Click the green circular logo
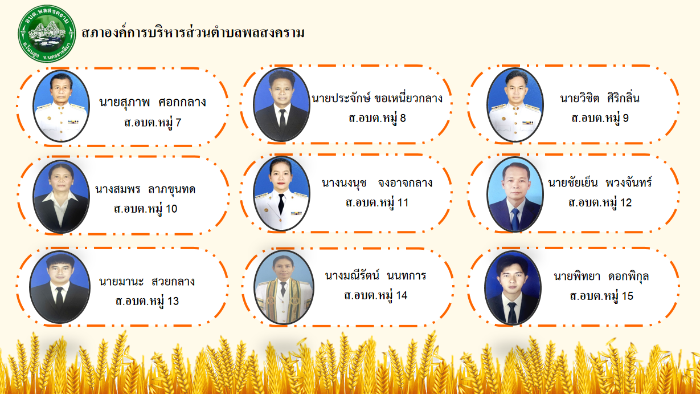47,34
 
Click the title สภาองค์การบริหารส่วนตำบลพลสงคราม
193,33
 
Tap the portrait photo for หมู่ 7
61,106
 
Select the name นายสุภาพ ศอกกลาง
153,102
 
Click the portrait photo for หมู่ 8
281,104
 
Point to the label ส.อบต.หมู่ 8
377,118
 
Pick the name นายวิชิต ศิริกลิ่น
600,98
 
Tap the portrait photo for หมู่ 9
515,105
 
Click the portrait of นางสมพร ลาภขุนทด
61,197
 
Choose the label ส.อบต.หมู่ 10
145,209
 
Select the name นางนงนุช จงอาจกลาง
377,183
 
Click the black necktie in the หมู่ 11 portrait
281,204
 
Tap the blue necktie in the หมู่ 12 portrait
515,220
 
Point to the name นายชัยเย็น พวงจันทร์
600,183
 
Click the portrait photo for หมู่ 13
60,287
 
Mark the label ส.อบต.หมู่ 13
147,301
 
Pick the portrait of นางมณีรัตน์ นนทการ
284,287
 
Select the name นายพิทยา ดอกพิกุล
601,277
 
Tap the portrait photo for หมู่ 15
513,288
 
